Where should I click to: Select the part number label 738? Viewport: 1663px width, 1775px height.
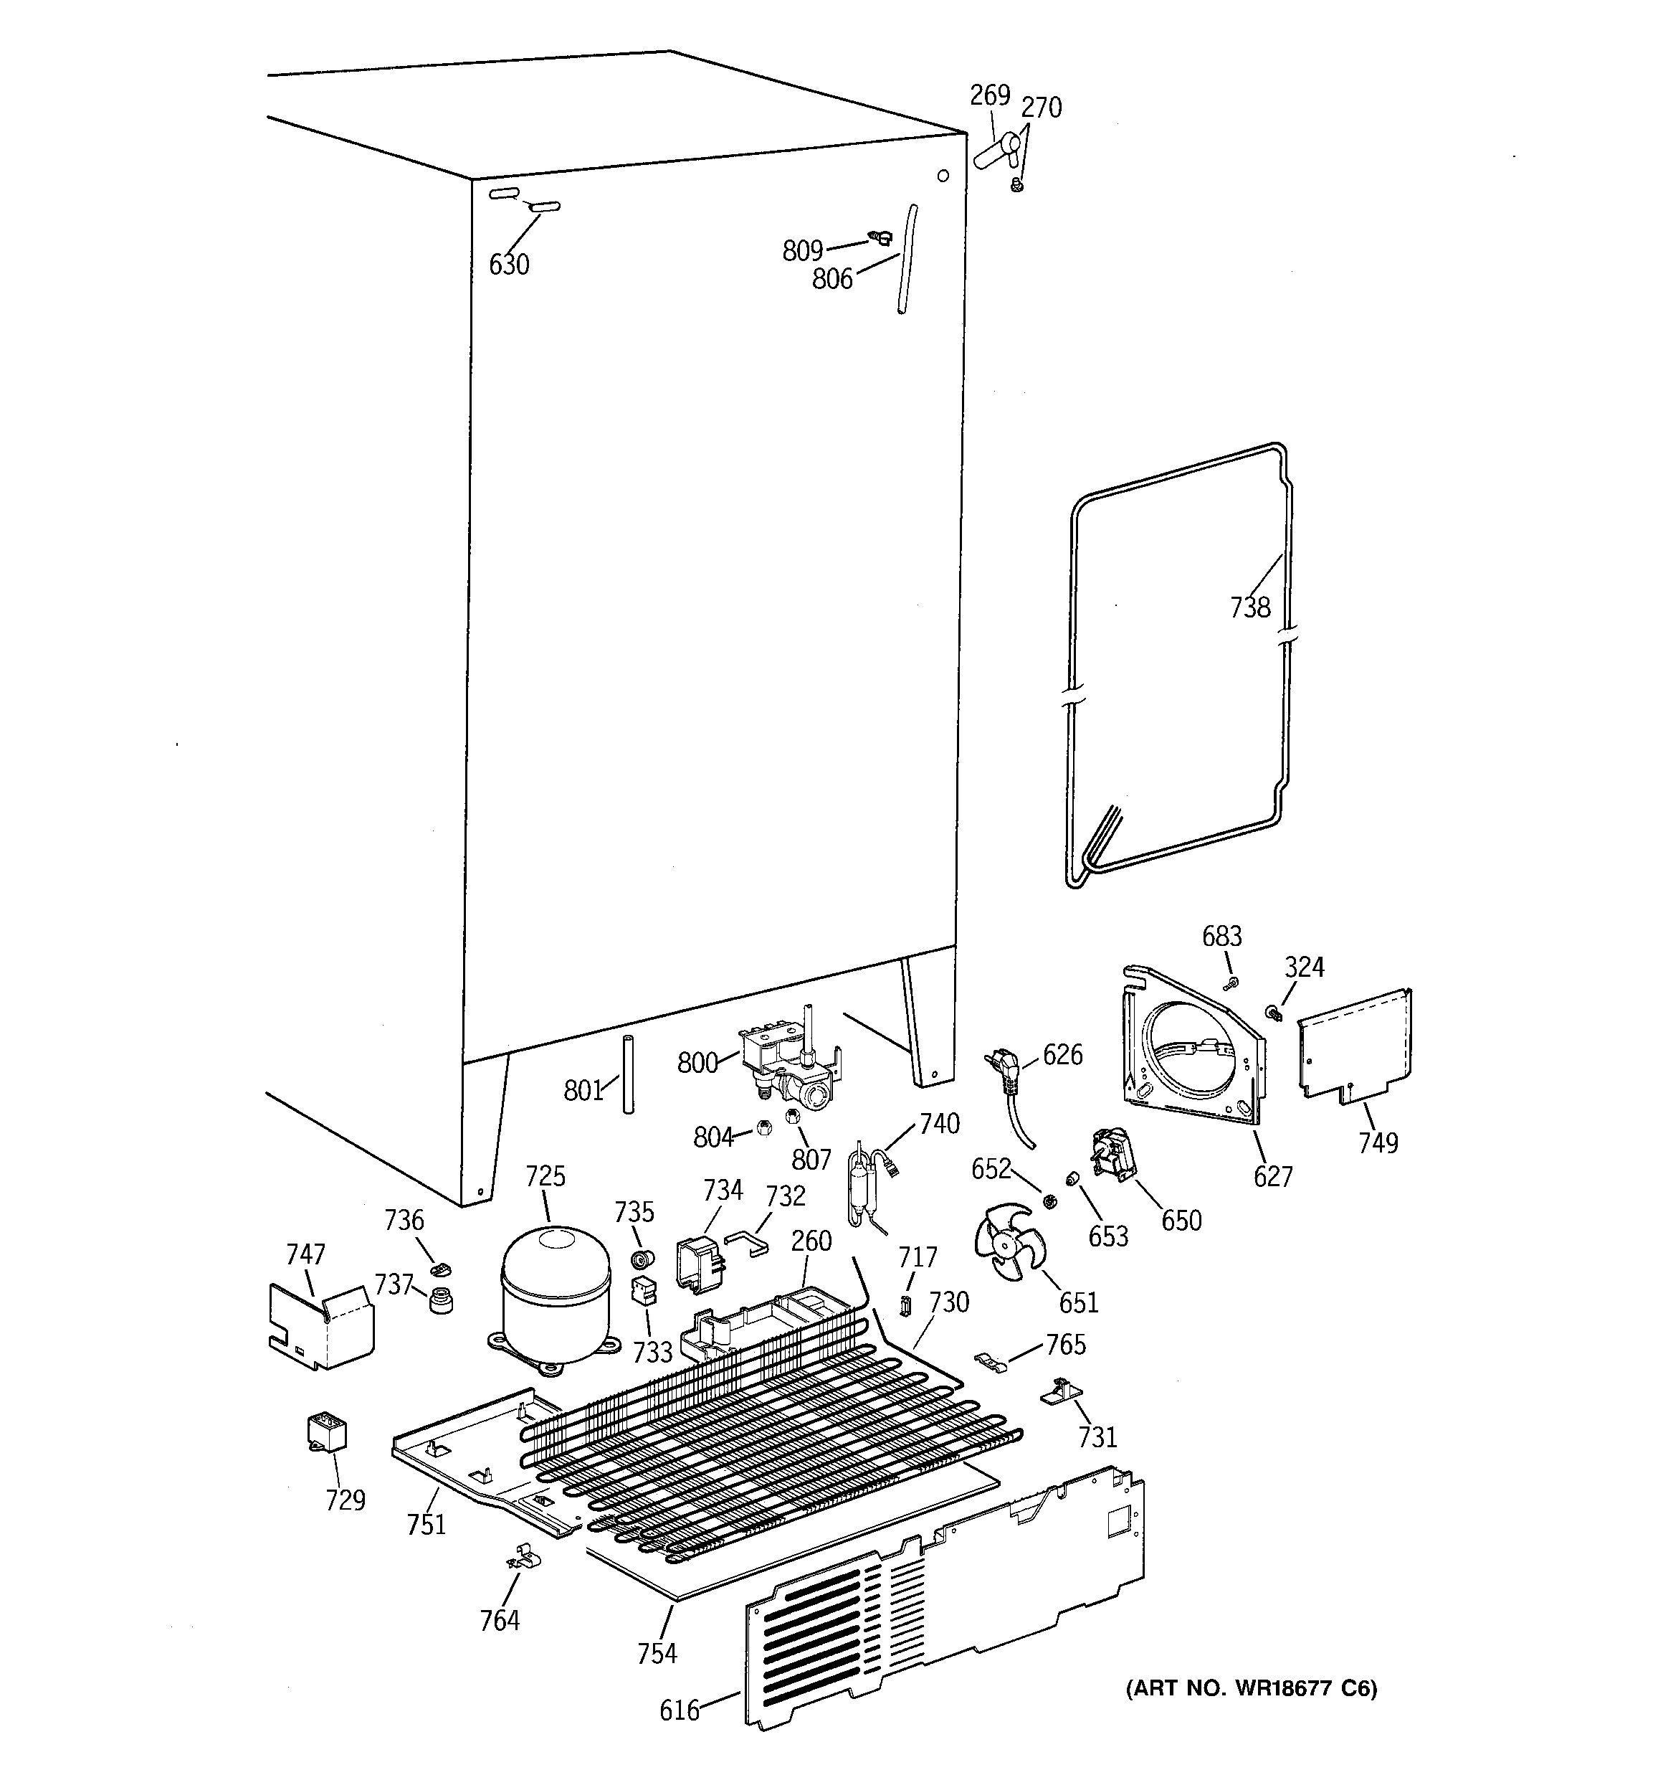click(1249, 607)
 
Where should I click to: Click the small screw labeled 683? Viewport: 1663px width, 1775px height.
click(1233, 983)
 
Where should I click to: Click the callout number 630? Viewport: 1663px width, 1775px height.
click(509, 265)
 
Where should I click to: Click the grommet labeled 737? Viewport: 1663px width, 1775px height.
click(439, 1301)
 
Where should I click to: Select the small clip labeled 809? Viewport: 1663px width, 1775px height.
click(880, 237)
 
